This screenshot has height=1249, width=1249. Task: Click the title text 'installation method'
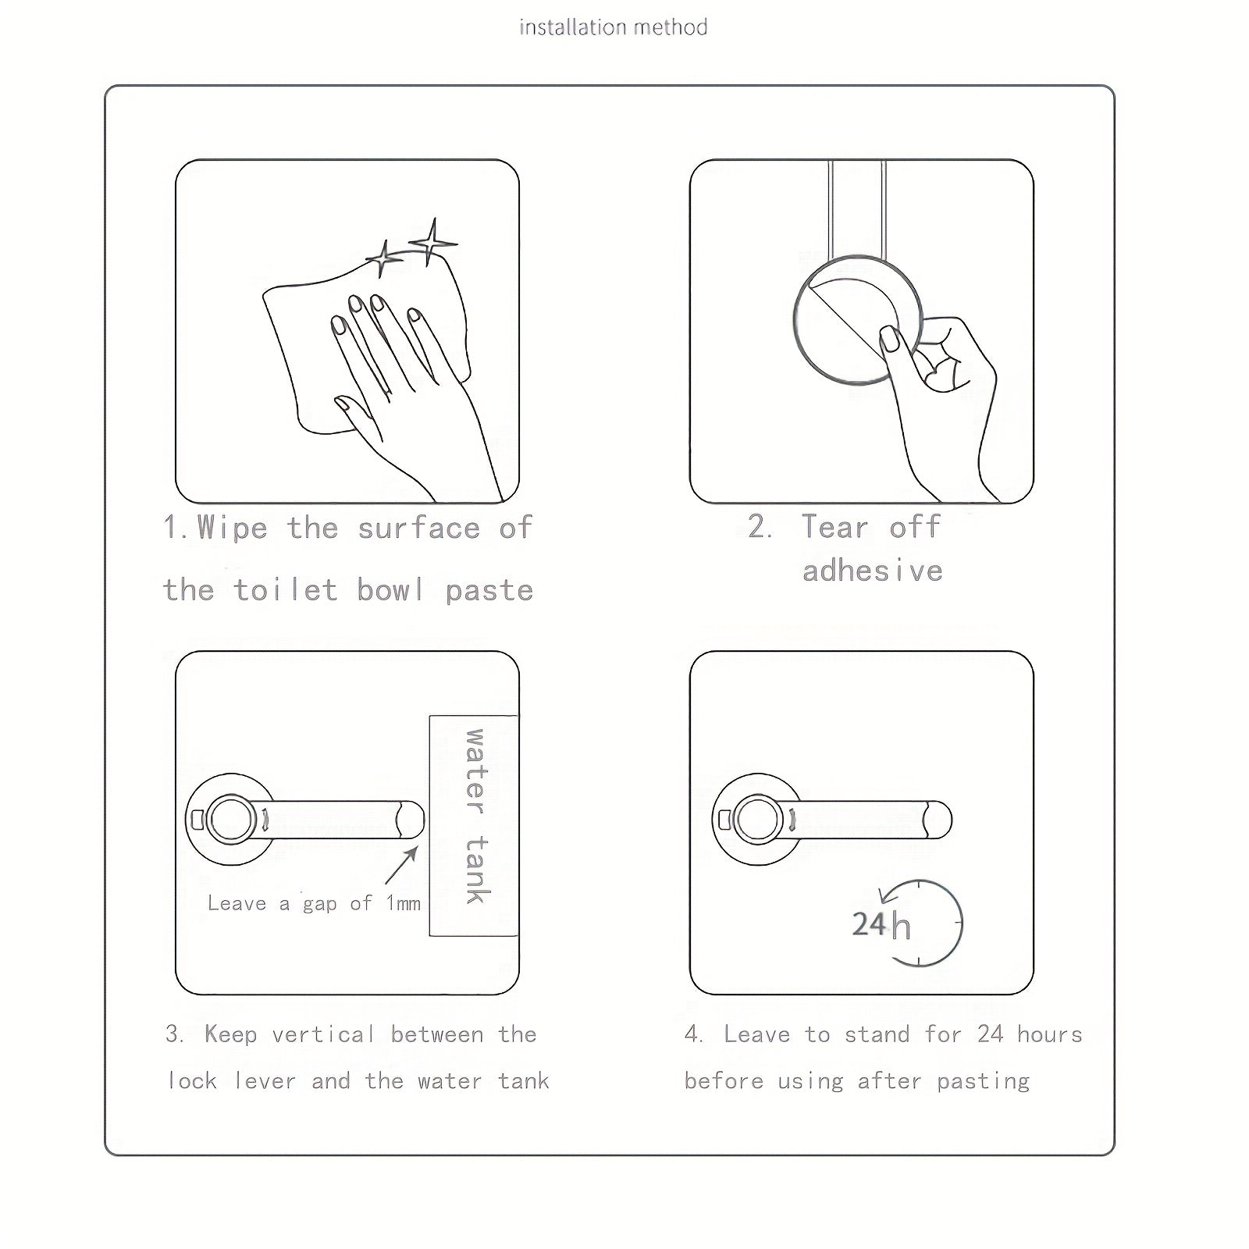(614, 27)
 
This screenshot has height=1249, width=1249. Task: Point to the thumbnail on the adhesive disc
(891, 341)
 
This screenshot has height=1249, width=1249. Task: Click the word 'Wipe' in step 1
(232, 528)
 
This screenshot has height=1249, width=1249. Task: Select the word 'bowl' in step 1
(390, 589)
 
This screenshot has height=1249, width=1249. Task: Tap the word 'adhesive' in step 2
(873, 571)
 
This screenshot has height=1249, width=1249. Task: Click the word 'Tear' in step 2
(835, 527)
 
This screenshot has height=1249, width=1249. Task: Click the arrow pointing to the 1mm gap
(401, 865)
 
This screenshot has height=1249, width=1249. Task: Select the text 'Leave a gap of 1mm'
(314, 903)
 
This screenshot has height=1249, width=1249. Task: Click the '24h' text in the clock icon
(881, 925)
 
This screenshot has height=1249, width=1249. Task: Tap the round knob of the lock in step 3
(230, 820)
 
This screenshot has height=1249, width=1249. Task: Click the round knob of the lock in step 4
(757, 820)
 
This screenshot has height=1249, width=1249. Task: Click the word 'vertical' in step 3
(323, 1034)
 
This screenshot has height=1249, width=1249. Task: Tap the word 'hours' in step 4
(1050, 1034)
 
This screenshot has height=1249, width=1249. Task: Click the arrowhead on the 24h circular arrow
(884, 894)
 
